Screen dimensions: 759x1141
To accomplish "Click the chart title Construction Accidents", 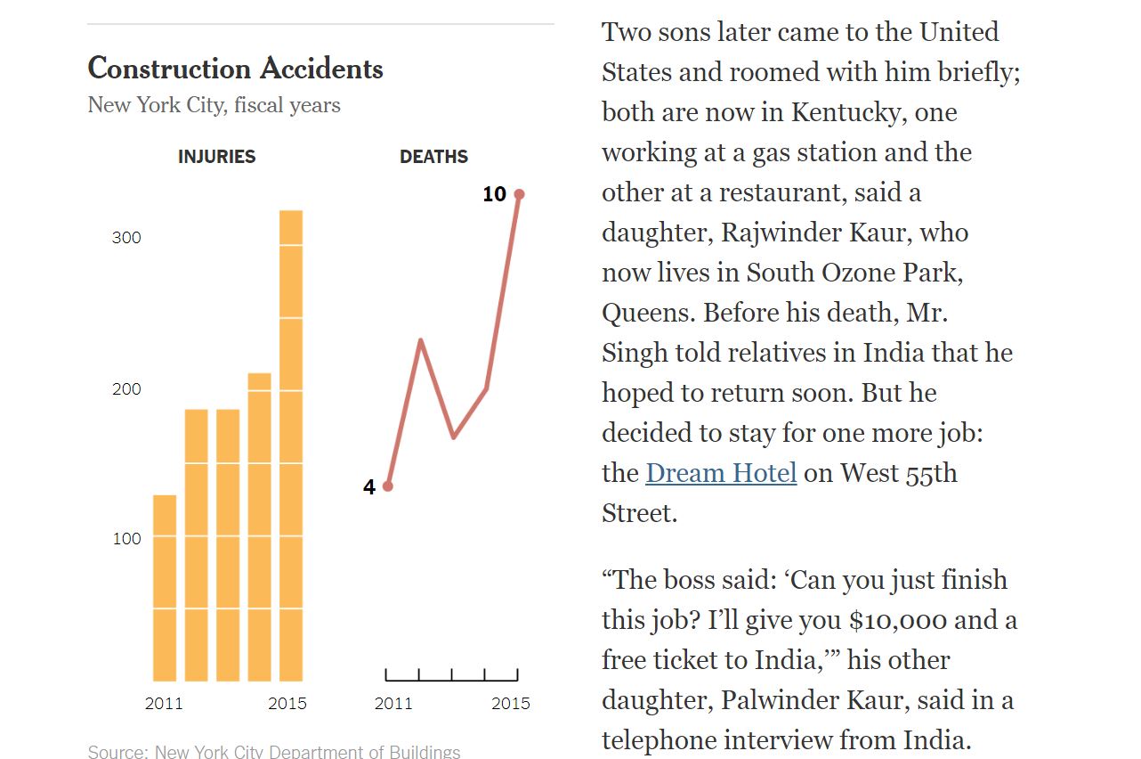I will point(235,69).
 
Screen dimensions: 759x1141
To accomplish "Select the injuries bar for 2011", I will point(165,588).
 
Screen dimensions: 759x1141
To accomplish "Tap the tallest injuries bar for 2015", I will point(291,445).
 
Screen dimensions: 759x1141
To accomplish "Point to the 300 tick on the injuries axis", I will point(126,238).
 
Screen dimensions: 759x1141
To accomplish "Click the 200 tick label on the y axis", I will point(126,389).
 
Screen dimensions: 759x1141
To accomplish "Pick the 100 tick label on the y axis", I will point(126,538).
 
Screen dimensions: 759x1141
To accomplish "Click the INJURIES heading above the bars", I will point(216,157).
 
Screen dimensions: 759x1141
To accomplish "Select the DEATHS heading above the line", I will point(433,157).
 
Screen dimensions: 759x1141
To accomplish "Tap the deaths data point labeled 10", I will point(519,194).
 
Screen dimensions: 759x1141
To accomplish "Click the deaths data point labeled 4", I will point(387,486).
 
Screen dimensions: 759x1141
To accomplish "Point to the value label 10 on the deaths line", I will point(494,194).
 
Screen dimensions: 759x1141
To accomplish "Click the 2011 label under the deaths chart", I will point(393,703).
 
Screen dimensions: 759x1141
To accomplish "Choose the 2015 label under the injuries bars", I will point(287,703).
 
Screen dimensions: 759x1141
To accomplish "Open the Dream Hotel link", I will point(721,472).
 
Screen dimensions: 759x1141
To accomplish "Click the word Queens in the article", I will point(645,313).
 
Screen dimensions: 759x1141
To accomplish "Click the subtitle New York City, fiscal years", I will point(214,105).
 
